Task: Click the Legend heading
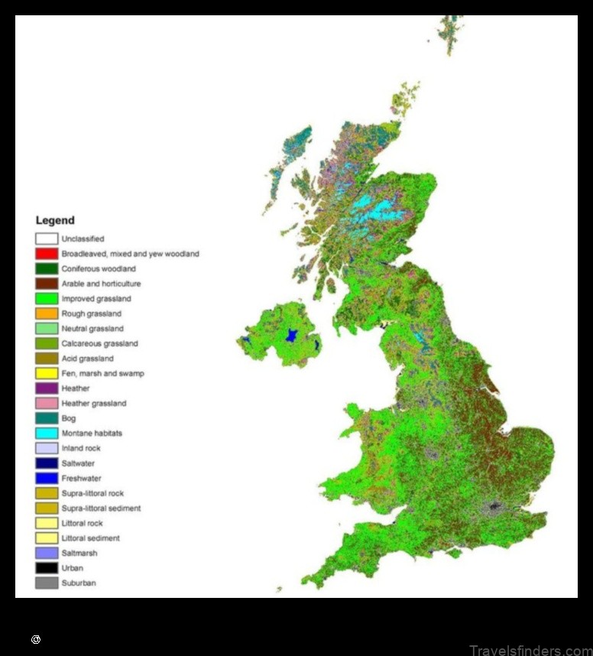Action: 55,221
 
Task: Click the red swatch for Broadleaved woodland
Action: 47,254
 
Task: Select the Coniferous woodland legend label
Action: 99,269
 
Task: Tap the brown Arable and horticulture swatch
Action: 47,284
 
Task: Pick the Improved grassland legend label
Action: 96,299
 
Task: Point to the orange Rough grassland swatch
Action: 47,313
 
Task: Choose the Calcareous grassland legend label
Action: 100,344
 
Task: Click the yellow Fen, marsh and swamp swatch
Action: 47,374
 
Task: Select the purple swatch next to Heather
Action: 47,388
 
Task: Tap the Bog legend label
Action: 69,418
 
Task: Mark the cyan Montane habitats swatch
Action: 47,434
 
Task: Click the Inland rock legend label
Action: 81,448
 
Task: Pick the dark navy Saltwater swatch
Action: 47,463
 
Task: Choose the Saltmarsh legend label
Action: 79,553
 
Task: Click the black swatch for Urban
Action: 47,568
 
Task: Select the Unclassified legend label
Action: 83,239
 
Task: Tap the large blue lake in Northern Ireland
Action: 290,335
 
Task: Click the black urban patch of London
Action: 494,506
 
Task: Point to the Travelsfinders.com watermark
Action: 530,650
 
